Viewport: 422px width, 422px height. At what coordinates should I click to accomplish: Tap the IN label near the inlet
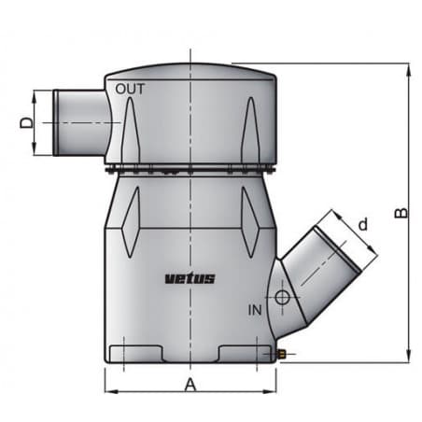point(256,307)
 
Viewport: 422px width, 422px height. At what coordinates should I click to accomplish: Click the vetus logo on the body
point(190,277)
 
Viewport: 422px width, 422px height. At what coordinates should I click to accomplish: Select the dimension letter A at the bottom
point(190,384)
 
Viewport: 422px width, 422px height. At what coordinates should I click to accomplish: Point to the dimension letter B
point(400,214)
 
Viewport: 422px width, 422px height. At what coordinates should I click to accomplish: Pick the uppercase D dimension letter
point(27,121)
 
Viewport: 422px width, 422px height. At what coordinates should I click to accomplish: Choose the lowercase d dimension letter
point(363,224)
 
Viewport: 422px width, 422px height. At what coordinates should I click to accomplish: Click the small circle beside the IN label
point(279,300)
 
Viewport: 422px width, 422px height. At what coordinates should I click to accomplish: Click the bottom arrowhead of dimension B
point(409,358)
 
